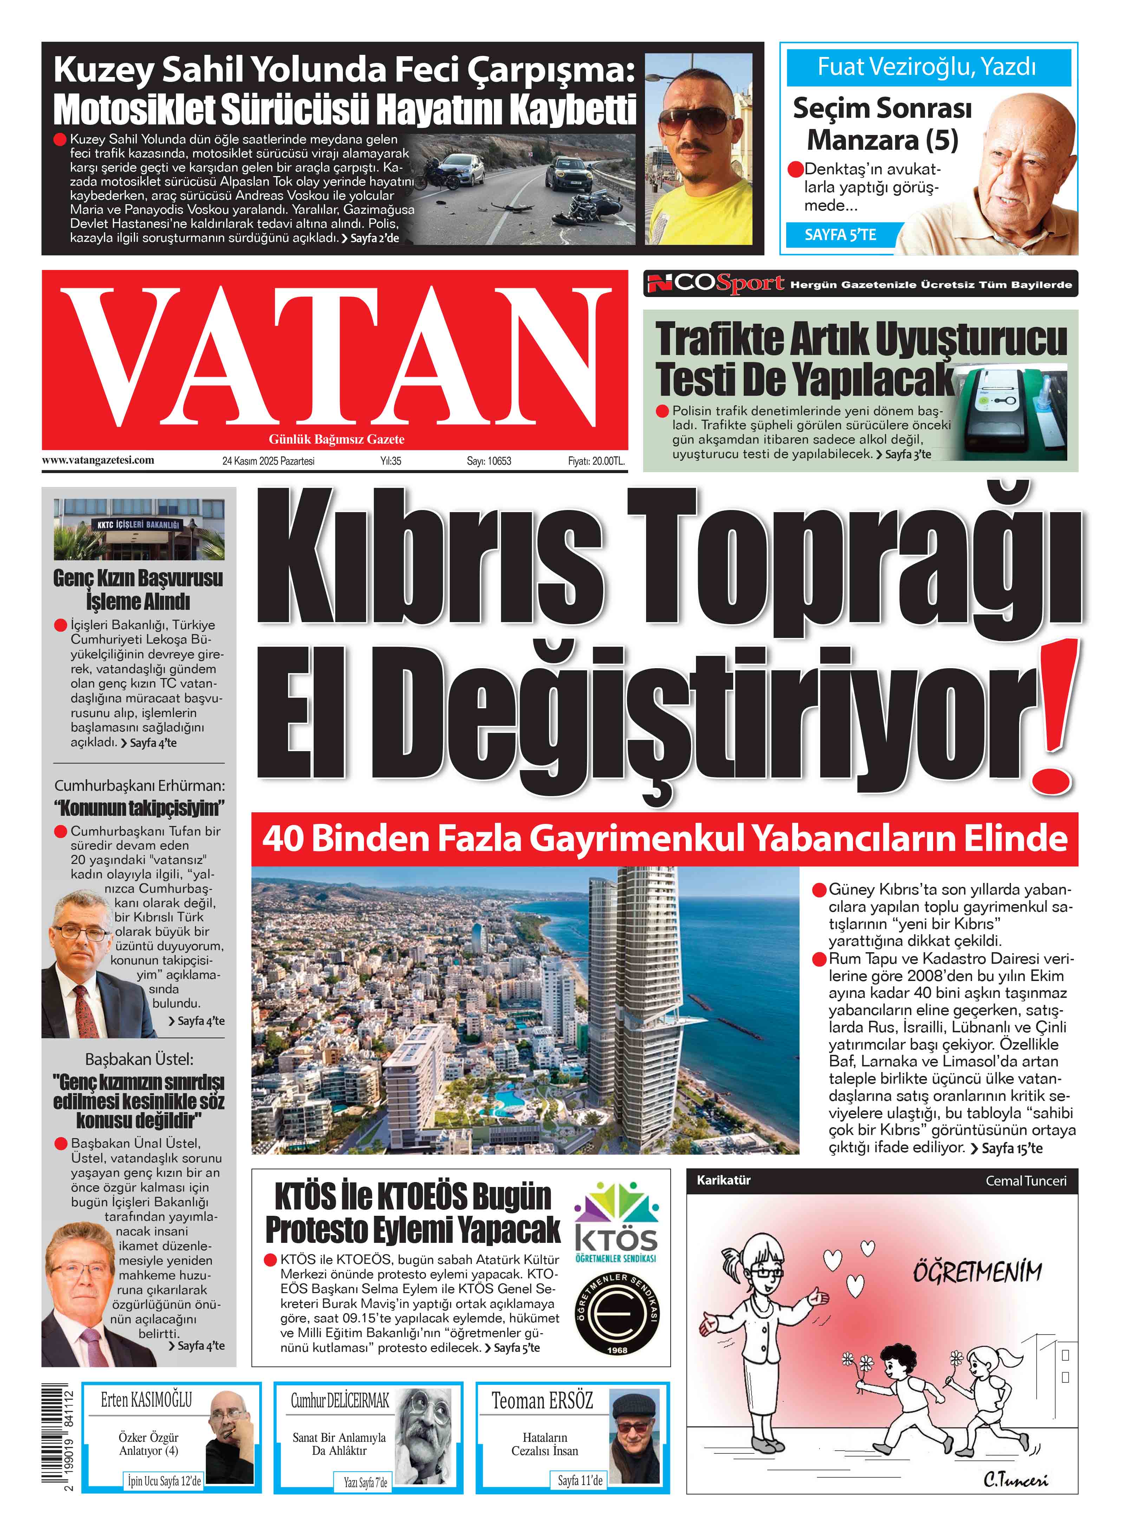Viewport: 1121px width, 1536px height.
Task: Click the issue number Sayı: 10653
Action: (x=489, y=461)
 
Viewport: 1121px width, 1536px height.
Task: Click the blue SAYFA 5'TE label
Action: (x=840, y=235)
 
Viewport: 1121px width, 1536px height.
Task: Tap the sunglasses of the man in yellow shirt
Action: (x=697, y=122)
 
